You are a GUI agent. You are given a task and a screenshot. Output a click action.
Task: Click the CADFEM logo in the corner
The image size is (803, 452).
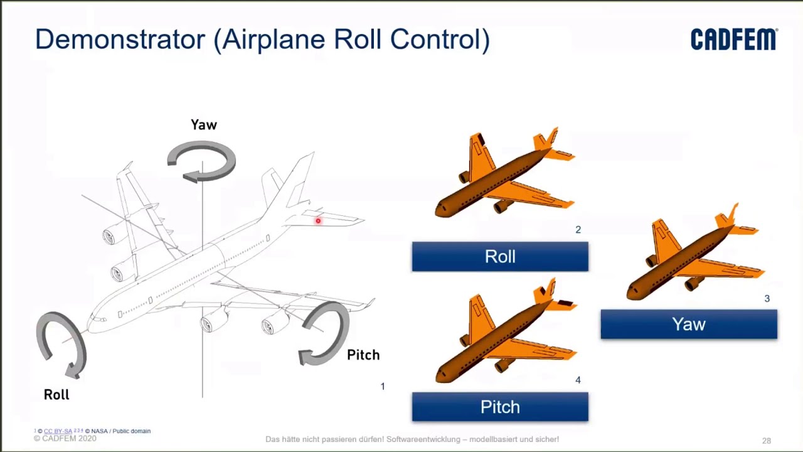(x=733, y=39)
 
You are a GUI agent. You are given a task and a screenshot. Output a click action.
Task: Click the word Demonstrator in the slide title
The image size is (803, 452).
(x=120, y=40)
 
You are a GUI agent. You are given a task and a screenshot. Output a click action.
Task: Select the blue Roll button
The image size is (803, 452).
(x=500, y=257)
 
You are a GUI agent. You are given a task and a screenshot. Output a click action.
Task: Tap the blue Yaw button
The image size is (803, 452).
(x=688, y=325)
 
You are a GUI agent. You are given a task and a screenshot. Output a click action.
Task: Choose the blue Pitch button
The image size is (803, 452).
(x=500, y=407)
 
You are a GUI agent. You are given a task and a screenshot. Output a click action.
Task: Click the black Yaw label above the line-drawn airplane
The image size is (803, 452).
(x=204, y=125)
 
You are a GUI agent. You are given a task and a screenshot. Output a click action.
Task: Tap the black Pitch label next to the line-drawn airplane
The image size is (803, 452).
(x=363, y=355)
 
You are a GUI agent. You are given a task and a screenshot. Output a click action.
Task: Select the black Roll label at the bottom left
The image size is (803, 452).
(x=56, y=395)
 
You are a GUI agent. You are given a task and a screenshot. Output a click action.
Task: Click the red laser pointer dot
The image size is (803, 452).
(x=318, y=221)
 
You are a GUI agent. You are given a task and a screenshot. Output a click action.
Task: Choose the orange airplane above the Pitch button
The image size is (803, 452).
(x=505, y=333)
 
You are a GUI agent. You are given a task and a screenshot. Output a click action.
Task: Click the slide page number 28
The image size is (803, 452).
(x=766, y=441)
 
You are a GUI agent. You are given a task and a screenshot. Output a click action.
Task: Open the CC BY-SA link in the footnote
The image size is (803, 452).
(x=58, y=431)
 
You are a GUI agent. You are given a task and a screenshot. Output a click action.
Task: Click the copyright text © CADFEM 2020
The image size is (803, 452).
(x=65, y=439)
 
